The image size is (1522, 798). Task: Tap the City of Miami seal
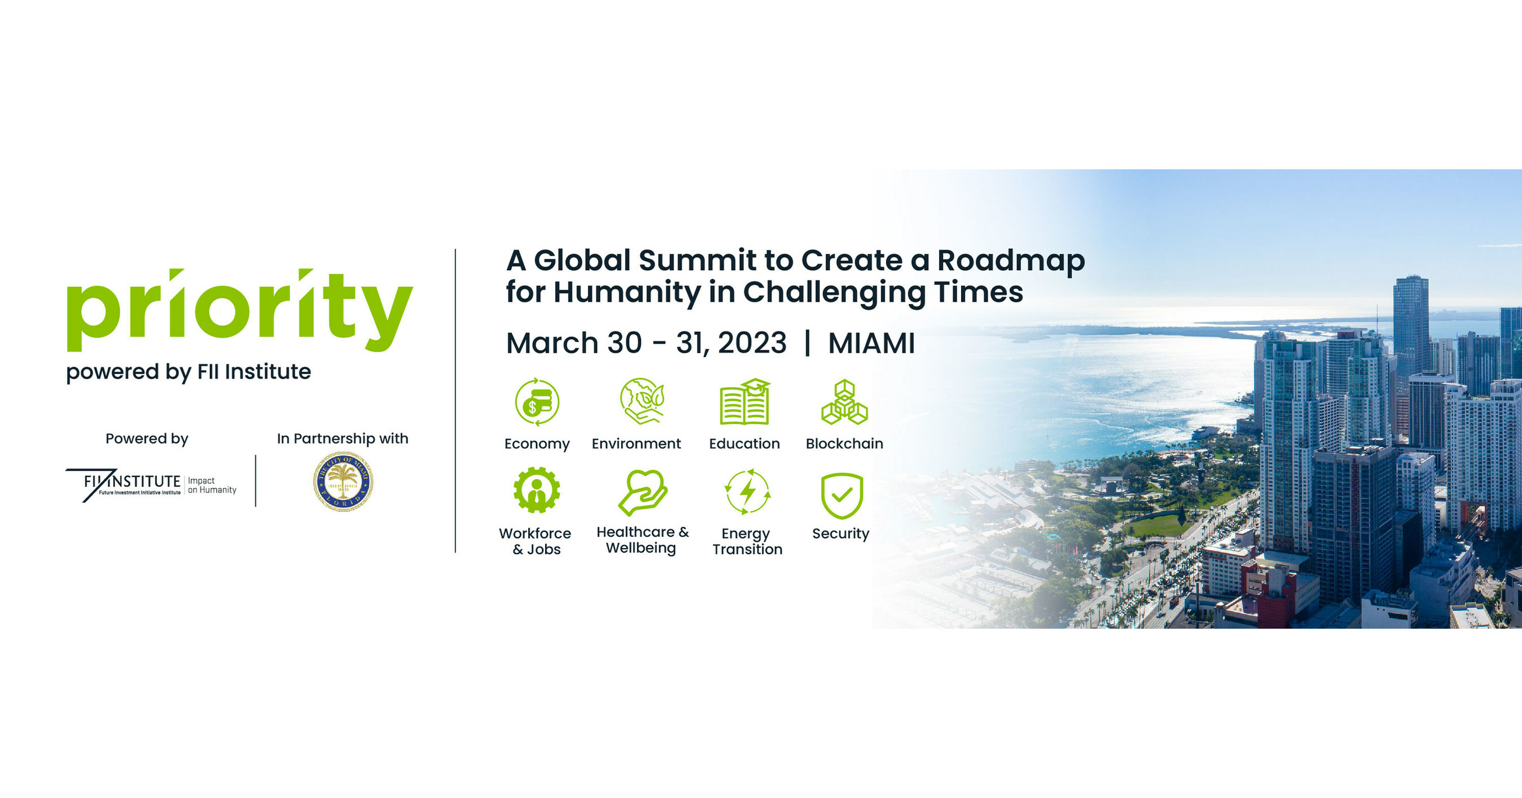click(x=343, y=481)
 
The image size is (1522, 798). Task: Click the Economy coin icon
click(x=537, y=402)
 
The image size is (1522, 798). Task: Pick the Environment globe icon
click(x=642, y=401)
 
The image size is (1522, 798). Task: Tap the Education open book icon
click(x=744, y=402)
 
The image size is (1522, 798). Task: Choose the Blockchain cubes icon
click(x=844, y=402)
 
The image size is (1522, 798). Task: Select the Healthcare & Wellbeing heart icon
click(x=642, y=492)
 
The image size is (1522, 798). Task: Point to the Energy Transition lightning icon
click(x=747, y=492)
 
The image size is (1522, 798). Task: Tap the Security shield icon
click(x=841, y=495)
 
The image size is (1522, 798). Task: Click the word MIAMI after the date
click(x=871, y=343)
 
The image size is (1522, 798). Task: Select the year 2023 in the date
click(x=752, y=343)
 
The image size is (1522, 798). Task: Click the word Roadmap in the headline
click(x=1011, y=261)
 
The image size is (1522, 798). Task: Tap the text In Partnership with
click(x=343, y=439)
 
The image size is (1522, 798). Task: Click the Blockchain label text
click(x=844, y=444)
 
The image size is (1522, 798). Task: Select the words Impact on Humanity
click(x=212, y=485)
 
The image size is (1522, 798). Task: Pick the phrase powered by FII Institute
click(x=188, y=372)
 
